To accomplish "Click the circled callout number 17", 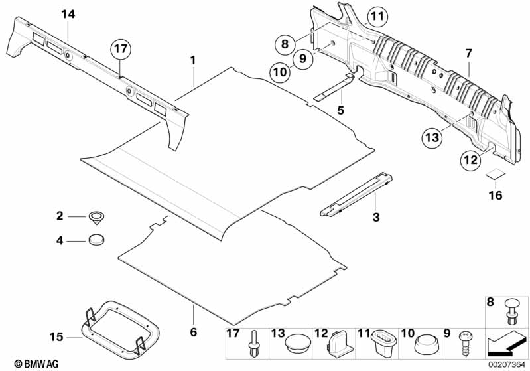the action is pyautogui.click(x=121, y=49).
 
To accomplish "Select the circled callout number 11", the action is pyautogui.click(x=377, y=16).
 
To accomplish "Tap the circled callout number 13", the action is pyautogui.click(x=432, y=137).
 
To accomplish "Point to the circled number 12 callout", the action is pyautogui.click(x=470, y=159).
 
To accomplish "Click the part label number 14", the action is pyautogui.click(x=68, y=14).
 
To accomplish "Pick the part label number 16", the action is pyautogui.click(x=496, y=195).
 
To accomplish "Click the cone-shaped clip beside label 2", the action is pyautogui.click(x=96, y=217).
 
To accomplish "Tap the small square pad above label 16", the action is pyautogui.click(x=496, y=174).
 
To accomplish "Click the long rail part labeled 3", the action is pyautogui.click(x=356, y=194).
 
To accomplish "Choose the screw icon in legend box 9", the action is pyautogui.click(x=464, y=343).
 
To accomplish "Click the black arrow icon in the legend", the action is pyautogui.click(x=506, y=344).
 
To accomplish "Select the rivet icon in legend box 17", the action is pyautogui.click(x=253, y=344).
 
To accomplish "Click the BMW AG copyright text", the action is pyautogui.click(x=36, y=364).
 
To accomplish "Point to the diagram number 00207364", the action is pyautogui.click(x=507, y=365).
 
